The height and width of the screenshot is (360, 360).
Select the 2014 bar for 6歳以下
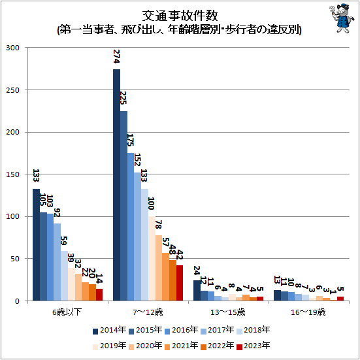tap(37, 244)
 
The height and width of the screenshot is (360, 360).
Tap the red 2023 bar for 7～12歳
tap(180, 283)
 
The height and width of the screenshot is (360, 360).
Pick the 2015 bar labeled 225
tap(124, 206)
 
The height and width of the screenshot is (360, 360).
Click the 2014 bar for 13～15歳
tap(197, 291)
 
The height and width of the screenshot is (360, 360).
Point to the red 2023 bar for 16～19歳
tap(340, 299)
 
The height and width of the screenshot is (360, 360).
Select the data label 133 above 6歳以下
tap(37, 176)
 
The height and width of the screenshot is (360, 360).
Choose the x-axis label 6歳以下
tap(68, 313)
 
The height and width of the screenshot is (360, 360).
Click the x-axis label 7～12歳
tap(148, 313)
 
